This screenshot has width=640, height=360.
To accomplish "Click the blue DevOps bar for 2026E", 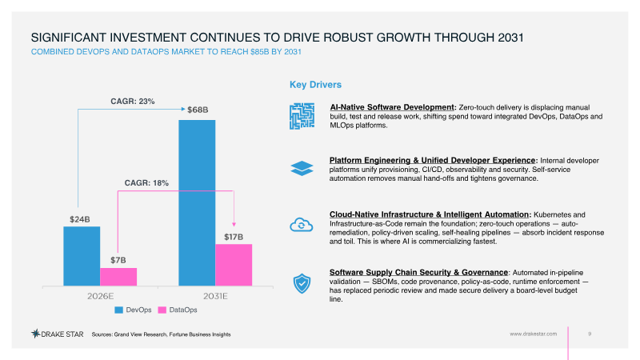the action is tap(82, 256).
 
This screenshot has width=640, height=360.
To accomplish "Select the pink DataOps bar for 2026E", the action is tap(118, 277).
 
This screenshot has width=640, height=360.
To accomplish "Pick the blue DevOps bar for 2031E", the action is tap(197, 203).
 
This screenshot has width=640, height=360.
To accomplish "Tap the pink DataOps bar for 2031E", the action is tap(234, 265).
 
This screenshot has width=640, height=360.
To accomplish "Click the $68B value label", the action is tap(198, 110).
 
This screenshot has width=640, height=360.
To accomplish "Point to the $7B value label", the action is tap(118, 260).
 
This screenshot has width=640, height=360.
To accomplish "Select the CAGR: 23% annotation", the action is tap(133, 102).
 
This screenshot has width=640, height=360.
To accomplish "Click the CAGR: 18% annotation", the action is tap(146, 183).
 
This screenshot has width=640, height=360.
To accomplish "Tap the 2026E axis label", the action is tap(101, 296).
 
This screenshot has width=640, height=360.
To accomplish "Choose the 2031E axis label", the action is tap(215, 296).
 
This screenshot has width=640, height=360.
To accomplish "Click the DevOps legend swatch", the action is tap(118, 310).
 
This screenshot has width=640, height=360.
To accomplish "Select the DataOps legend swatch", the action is tap(162, 310).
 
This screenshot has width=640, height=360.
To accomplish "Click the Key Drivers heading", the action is tap(315, 85).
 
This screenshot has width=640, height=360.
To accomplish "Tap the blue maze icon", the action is tap(302, 116).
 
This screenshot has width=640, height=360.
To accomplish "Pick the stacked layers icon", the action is tap(302, 168).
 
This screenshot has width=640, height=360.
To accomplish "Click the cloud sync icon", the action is tap(302, 225).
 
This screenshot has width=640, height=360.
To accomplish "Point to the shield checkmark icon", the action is tap(302, 284).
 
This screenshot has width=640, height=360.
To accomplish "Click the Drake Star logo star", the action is tap(35, 334).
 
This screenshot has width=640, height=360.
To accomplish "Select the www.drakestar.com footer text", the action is tap(533, 334).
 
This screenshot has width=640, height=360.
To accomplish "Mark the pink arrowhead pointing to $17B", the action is tap(234, 225).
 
